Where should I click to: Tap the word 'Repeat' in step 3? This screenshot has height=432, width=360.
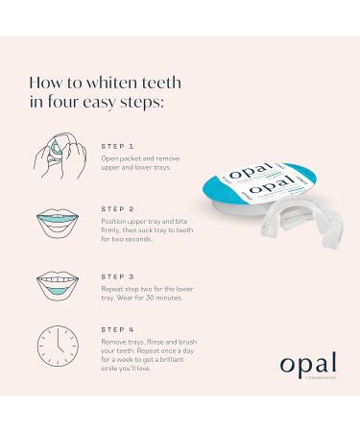click(113, 286)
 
